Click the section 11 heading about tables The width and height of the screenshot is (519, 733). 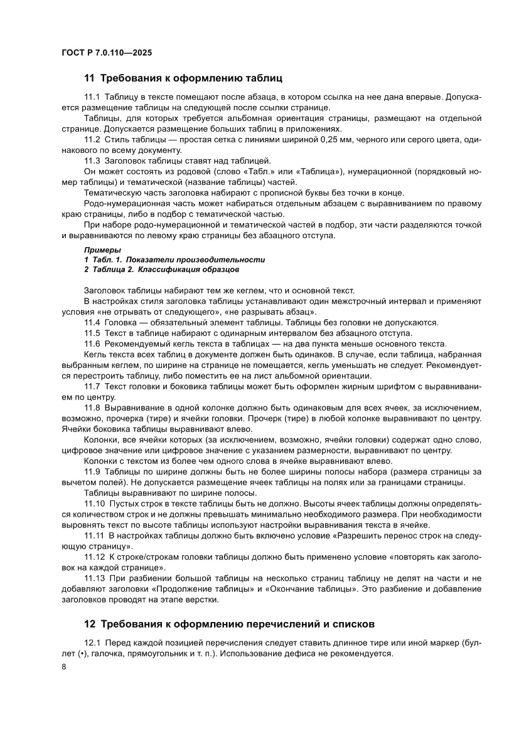(183, 79)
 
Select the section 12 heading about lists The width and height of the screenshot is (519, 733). (229, 625)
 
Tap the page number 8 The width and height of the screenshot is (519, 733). (64, 666)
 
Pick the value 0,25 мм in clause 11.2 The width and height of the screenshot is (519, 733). (338, 139)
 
